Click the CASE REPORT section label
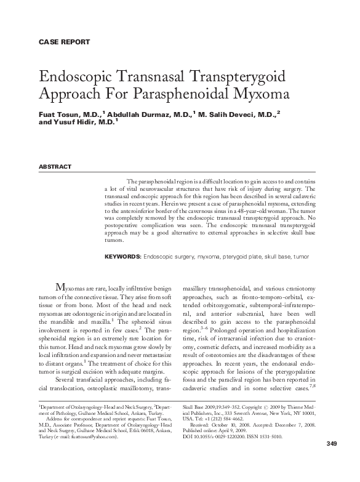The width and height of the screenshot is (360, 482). point(64,42)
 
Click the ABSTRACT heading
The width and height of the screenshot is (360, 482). point(55,167)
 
